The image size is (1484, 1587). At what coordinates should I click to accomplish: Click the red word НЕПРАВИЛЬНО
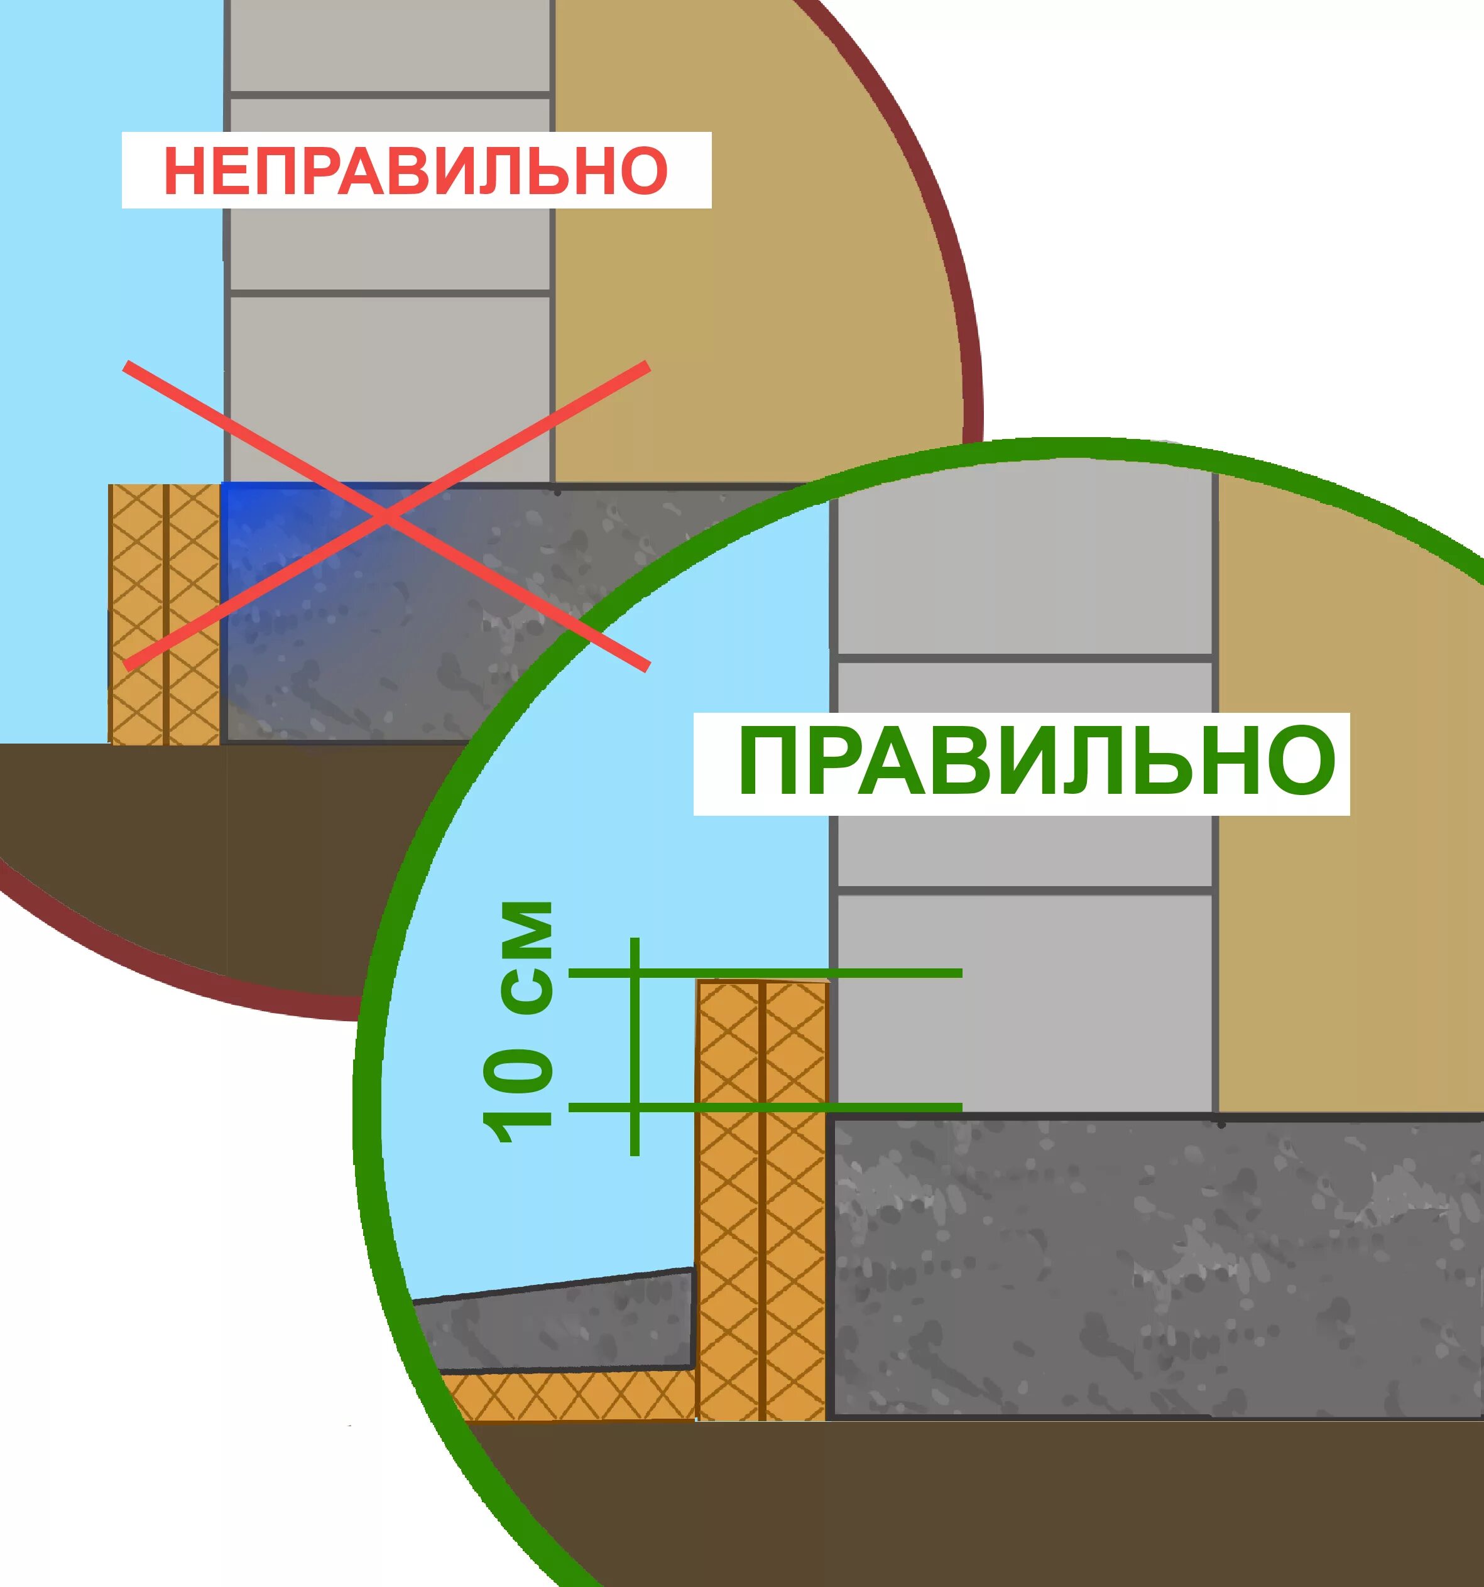415,170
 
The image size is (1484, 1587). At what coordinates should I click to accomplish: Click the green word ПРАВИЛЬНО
1037,762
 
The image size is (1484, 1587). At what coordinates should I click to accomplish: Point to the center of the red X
386,516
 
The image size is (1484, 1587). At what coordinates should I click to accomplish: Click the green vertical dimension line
635,1046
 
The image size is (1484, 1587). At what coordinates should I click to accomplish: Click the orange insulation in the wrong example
165,615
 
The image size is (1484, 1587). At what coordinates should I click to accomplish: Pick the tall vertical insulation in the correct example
763,1198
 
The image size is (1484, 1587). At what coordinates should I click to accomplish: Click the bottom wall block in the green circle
1024,1002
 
